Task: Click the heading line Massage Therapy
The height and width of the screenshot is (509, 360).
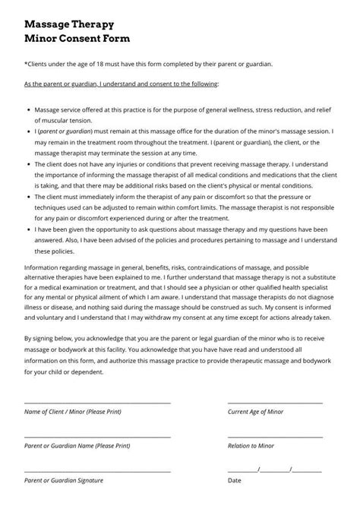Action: point(69,25)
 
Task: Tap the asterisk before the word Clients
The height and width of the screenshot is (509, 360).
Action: point(26,65)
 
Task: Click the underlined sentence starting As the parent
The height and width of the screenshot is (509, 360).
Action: point(121,84)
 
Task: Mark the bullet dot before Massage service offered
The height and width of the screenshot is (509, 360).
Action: point(28,110)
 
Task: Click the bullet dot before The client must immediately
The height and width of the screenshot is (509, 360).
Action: point(28,196)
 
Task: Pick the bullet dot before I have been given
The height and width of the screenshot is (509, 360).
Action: point(28,229)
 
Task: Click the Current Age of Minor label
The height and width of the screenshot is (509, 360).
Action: point(255,412)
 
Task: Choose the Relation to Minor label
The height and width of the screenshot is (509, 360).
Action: point(251,446)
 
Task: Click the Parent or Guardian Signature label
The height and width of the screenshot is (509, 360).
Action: point(64,480)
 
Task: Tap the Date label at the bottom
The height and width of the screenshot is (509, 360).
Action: point(235,480)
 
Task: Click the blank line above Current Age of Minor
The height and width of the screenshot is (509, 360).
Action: point(275,403)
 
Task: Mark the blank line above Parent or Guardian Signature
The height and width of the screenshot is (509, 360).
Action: point(97,471)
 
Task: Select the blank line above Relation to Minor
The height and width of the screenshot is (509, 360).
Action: point(275,437)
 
